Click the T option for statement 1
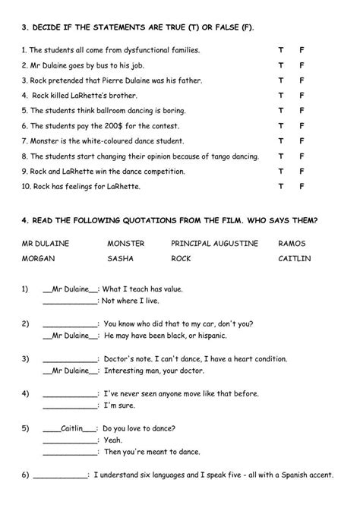280,50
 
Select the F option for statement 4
302,96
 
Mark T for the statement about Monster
280,141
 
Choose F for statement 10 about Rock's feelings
302,186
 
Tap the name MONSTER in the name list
126,243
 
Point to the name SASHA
122,260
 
